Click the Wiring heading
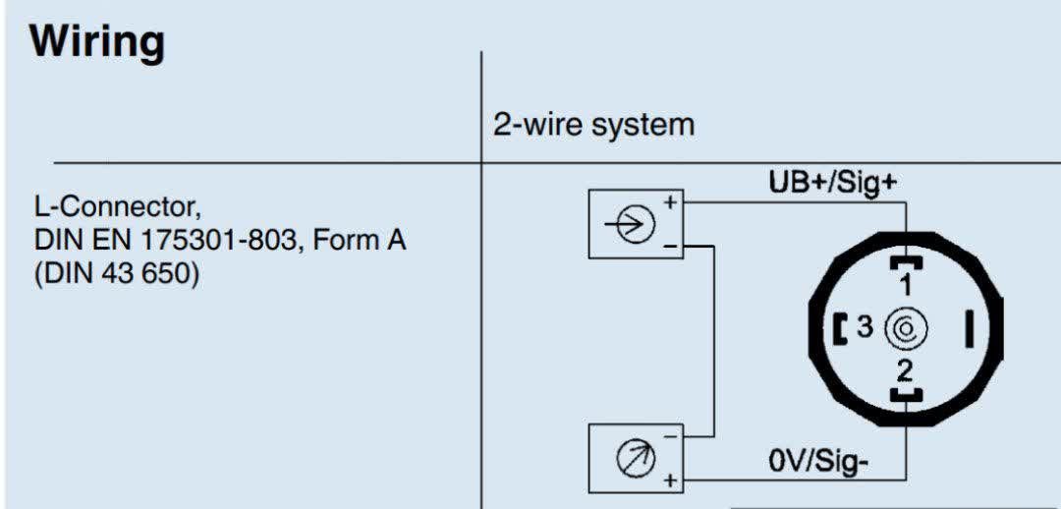coord(96,42)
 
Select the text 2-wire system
coord(594,125)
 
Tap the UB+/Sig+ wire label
coord(833,182)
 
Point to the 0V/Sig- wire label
coord(818,462)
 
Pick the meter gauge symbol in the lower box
coord(634,459)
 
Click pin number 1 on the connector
coord(906,285)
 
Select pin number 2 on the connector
coord(905,371)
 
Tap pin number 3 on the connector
coord(865,327)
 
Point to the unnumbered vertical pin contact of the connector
coord(970,328)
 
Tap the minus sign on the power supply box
coord(671,248)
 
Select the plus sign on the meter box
coord(671,481)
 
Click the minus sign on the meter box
coord(671,436)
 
